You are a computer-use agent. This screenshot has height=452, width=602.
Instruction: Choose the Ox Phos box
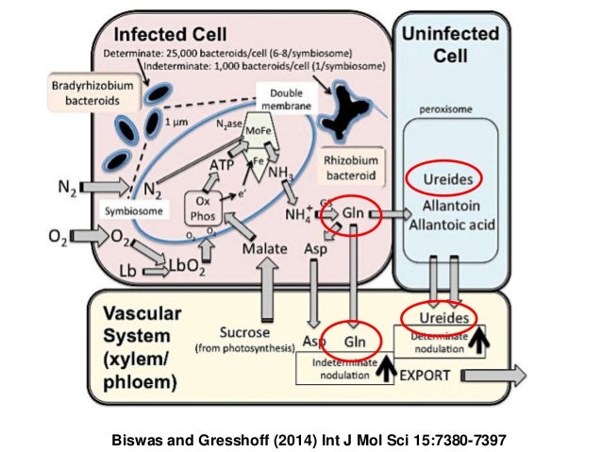click(203, 207)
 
